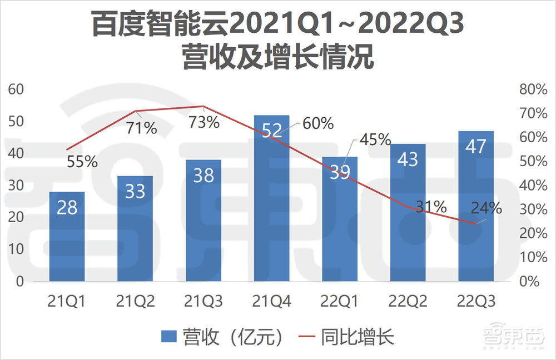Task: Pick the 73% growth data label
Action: coord(204,122)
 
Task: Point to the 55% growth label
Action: coord(82,162)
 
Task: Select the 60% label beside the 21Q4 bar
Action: coord(318,123)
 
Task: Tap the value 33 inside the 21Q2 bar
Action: coord(135,191)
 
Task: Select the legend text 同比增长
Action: coord(358,337)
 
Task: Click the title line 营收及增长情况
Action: coord(277,58)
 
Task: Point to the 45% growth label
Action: coord(375,139)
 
